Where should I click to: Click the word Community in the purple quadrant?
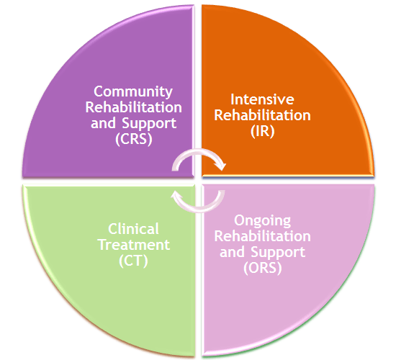point(133,92)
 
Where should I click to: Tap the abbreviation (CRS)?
point(134,139)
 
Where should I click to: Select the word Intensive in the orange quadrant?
point(262,99)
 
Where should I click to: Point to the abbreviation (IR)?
point(262,131)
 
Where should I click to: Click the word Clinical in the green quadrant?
point(133,229)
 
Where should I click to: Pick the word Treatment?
point(134,245)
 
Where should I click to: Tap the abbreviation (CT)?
point(133,261)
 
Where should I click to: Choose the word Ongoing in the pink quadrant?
point(262,221)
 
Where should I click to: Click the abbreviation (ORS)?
point(263,268)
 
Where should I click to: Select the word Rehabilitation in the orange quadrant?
point(262,115)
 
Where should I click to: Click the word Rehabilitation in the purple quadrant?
point(134,107)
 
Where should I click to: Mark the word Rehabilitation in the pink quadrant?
point(262,236)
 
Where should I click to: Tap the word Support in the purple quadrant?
point(149,124)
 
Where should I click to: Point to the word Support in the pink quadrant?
point(278,253)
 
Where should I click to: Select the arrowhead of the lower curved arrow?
point(176,195)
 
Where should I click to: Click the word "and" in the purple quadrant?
point(103,123)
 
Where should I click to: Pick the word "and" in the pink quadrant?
point(232,252)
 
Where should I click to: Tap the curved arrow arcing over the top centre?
point(199,151)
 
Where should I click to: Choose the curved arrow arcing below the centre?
point(199,210)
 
